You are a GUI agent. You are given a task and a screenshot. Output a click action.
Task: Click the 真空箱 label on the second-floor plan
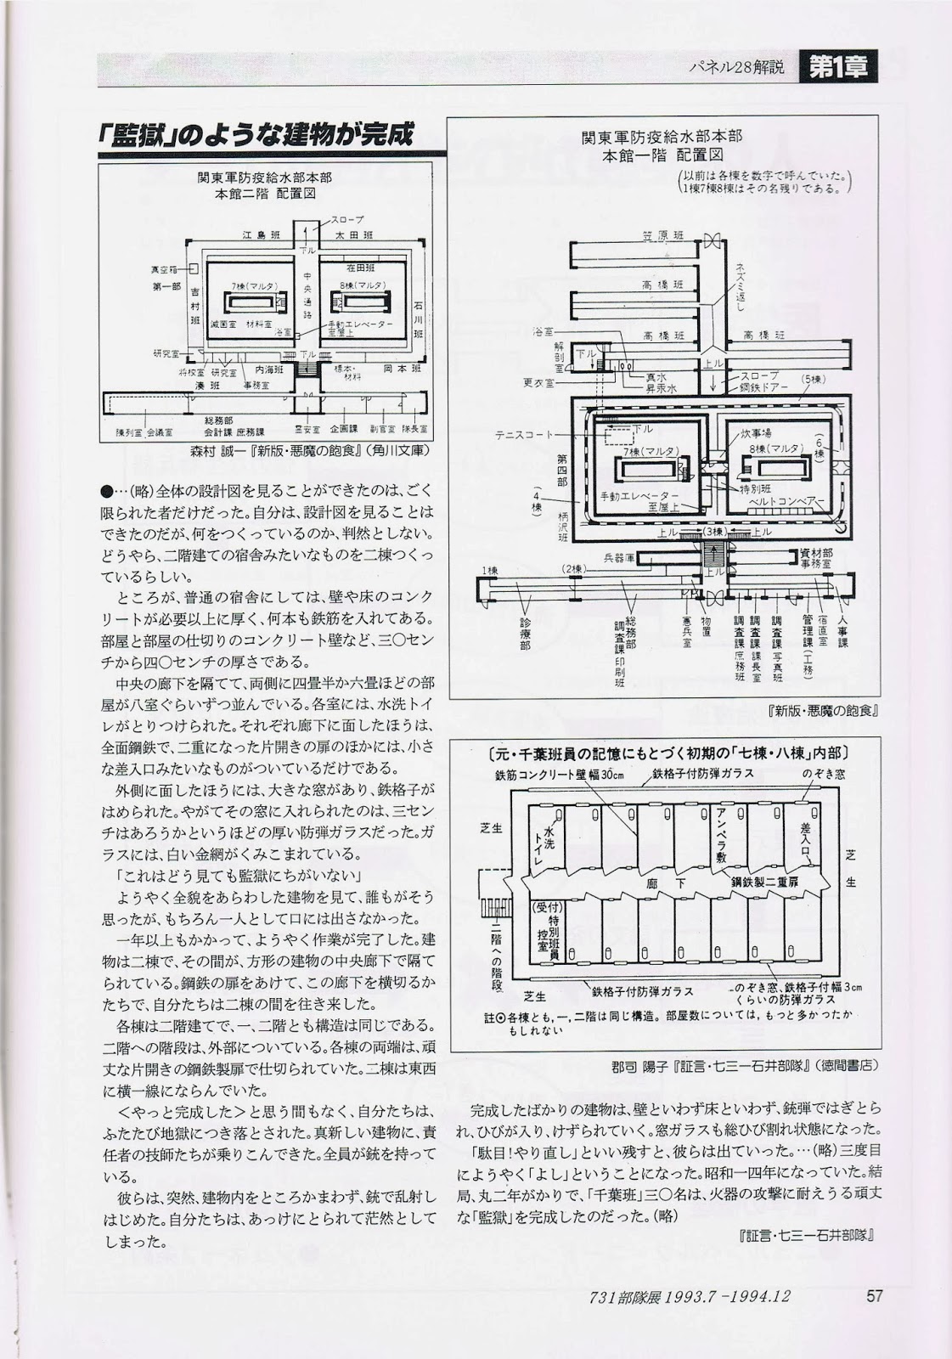click(165, 269)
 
